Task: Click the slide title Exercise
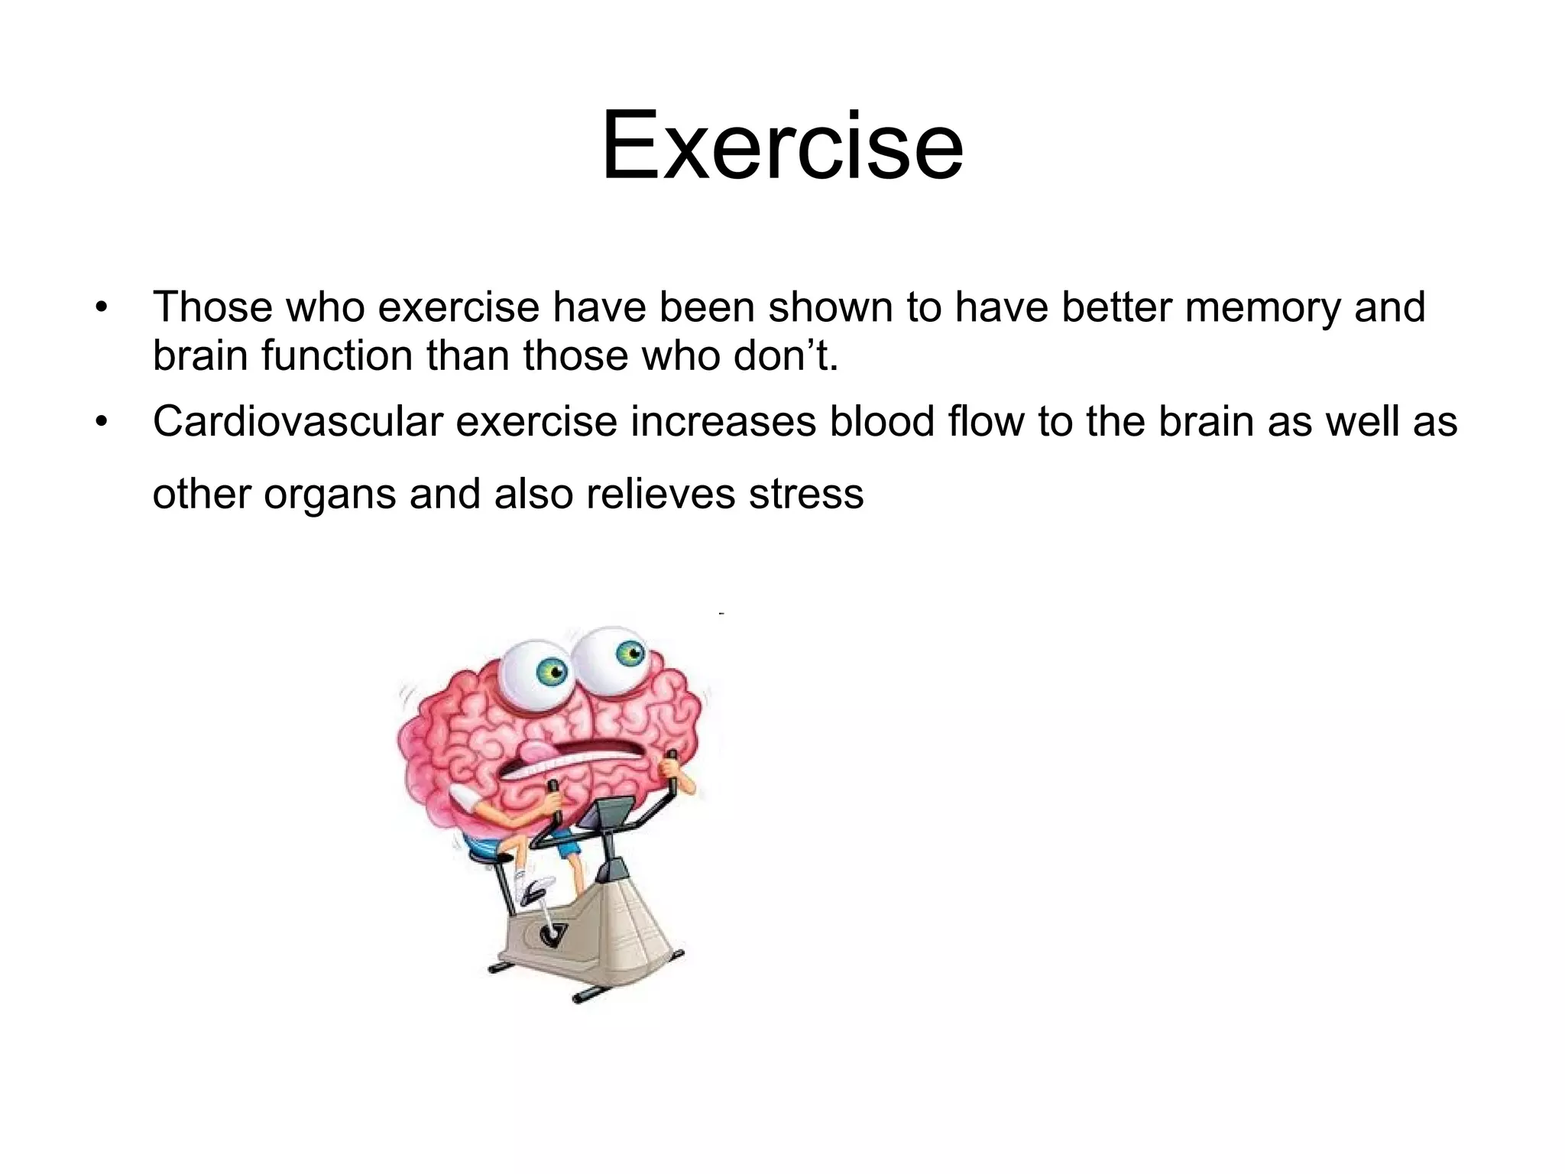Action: [x=782, y=145]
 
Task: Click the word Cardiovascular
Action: [x=297, y=422]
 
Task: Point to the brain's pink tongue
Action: [x=539, y=753]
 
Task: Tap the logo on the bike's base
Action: [x=549, y=933]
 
